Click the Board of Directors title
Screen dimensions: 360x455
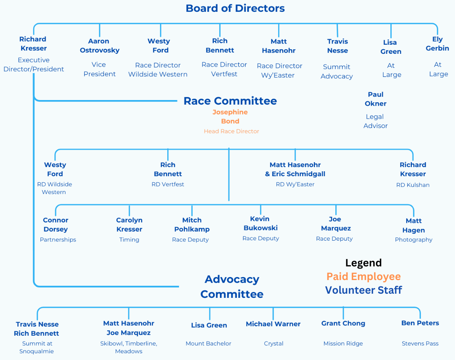pyautogui.click(x=235, y=8)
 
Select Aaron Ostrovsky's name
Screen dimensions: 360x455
pyautogui.click(x=100, y=46)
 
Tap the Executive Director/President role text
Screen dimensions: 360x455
pyautogui.click(x=34, y=64)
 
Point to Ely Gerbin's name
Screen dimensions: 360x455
pyautogui.click(x=437, y=44)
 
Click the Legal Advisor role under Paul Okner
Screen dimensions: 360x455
pyautogui.click(x=376, y=121)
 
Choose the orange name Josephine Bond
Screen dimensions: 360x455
pyautogui.click(x=230, y=117)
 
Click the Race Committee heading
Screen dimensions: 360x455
pyautogui.click(x=230, y=101)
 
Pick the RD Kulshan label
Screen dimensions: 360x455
pyautogui.click(x=413, y=185)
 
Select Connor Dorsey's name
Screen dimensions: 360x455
pyautogui.click(x=56, y=225)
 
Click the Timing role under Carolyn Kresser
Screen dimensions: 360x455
pyautogui.click(x=129, y=239)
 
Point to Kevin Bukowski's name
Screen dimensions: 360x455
pyautogui.click(x=260, y=223)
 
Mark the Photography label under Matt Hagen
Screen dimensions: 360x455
pyautogui.click(x=413, y=239)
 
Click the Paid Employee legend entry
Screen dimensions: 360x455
pyautogui.click(x=363, y=277)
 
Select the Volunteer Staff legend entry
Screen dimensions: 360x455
pyautogui.click(x=363, y=290)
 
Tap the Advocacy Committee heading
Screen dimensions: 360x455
pyautogui.click(x=232, y=286)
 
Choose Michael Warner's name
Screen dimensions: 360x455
pyautogui.click(x=273, y=324)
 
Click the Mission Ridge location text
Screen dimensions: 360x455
pyautogui.click(x=343, y=343)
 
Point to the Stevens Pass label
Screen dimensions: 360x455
pyautogui.click(x=420, y=343)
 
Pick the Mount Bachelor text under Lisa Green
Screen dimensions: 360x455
pyautogui.click(x=208, y=343)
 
